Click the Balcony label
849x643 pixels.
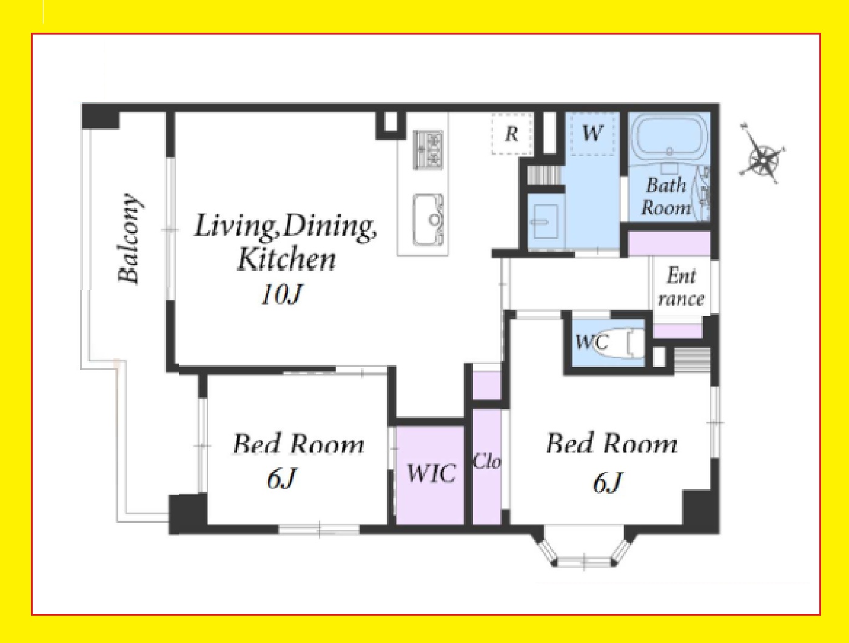coord(129,239)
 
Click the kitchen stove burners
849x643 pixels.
coord(428,150)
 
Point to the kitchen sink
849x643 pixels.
coord(428,220)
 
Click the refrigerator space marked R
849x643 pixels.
coord(512,134)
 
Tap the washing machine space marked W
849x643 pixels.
coord(592,134)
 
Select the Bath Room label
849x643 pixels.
coord(666,197)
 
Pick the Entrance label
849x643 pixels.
coord(681,288)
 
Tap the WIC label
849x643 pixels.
coord(431,473)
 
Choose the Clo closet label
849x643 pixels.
coord(488,461)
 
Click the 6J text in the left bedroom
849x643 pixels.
coord(281,478)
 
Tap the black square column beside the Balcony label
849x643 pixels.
coord(100,116)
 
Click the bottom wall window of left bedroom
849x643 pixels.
coord(319,530)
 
